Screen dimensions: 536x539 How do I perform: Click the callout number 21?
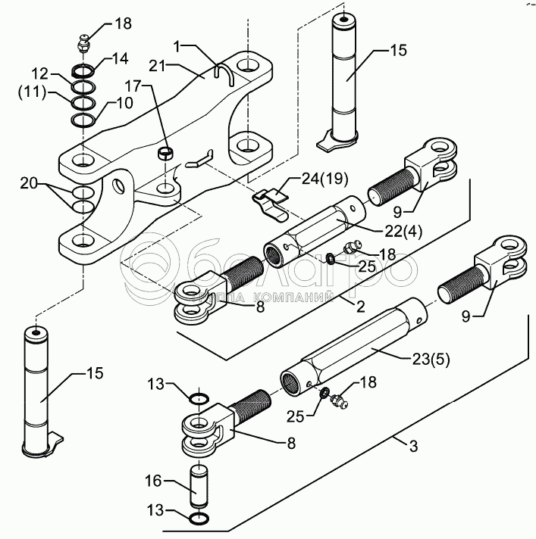(x=158, y=65)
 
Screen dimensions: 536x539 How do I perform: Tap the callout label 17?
(x=133, y=86)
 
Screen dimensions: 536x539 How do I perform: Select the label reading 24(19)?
(x=324, y=179)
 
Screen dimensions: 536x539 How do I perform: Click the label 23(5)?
(x=431, y=360)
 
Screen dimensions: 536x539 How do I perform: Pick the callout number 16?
(x=153, y=481)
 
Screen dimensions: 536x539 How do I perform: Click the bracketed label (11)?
(x=32, y=92)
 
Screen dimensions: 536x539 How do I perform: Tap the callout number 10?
(x=124, y=103)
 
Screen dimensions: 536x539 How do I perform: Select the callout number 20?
(x=29, y=183)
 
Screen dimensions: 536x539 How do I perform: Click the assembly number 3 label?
(x=413, y=446)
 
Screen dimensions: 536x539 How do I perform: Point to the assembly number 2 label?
(x=360, y=307)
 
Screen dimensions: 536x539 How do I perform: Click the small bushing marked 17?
(x=165, y=153)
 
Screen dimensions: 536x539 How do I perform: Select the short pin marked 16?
(x=199, y=486)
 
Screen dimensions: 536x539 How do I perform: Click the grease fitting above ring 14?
(x=83, y=43)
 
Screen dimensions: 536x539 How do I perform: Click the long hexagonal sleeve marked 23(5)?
(x=353, y=348)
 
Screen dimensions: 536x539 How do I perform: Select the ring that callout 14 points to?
(x=83, y=72)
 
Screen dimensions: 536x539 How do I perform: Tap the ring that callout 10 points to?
(x=83, y=120)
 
